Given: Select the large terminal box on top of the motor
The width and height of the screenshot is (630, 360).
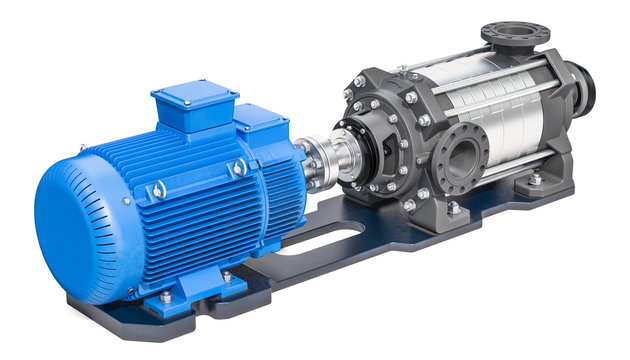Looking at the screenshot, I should pos(194,106).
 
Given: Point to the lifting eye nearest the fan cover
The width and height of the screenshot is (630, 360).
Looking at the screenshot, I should pos(158,189).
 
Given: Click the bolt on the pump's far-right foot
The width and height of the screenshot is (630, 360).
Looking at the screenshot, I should pos(535,180).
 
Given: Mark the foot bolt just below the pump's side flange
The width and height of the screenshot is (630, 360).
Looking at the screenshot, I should pos(455,207).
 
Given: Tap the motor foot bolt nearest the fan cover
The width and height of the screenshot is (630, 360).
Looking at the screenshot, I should pos(166,296).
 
